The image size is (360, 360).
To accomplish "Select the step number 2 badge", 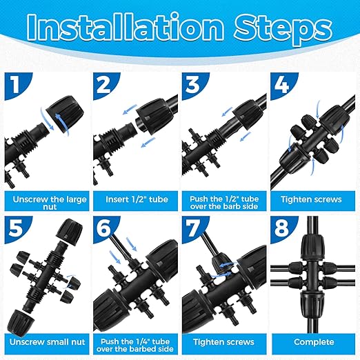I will pos(103,86).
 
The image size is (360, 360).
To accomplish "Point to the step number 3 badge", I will pos(192,86).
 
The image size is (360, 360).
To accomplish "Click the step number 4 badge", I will pos(281,86).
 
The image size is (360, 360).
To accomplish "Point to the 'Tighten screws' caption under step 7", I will pos(223,342).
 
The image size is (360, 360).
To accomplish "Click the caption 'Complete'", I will pos(312,342).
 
